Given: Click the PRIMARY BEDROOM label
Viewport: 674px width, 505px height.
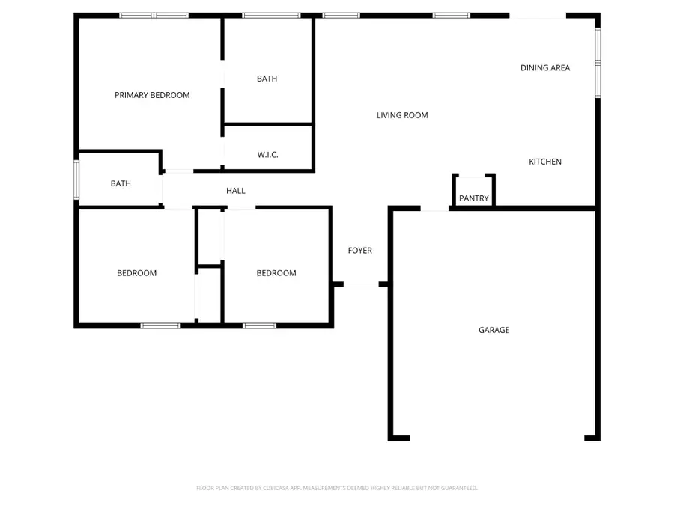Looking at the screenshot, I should [x=152, y=95].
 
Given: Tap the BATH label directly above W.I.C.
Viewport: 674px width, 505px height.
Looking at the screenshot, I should [x=267, y=79].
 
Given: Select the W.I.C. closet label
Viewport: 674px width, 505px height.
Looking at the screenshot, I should [x=267, y=155].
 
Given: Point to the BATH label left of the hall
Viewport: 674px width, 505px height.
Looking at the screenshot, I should [x=121, y=183].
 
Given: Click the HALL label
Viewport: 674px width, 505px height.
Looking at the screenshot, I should [x=236, y=191].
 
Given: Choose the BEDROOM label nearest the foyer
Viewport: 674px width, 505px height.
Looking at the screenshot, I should [x=276, y=273].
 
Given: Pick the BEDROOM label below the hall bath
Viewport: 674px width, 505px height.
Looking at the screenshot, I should [x=136, y=273].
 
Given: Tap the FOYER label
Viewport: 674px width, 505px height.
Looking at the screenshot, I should [x=359, y=251].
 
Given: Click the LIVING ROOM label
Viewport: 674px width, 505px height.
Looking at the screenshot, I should [x=402, y=115].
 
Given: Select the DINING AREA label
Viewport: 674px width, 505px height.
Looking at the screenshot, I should [x=545, y=68].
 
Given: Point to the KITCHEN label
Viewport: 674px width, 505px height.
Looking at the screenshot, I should [x=545, y=162].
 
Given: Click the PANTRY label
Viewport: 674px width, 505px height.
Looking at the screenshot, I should [x=474, y=198].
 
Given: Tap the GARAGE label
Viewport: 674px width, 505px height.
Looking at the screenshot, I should [x=494, y=330].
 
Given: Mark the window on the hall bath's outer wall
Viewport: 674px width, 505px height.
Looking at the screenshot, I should [x=76, y=180].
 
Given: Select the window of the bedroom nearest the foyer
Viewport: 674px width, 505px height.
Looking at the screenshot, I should [x=259, y=325].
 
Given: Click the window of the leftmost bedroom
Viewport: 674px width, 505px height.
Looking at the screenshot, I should [x=160, y=325].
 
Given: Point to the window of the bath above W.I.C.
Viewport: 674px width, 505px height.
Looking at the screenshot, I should [x=271, y=15].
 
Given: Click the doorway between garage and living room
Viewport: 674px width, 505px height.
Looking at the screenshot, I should [x=434, y=209].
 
